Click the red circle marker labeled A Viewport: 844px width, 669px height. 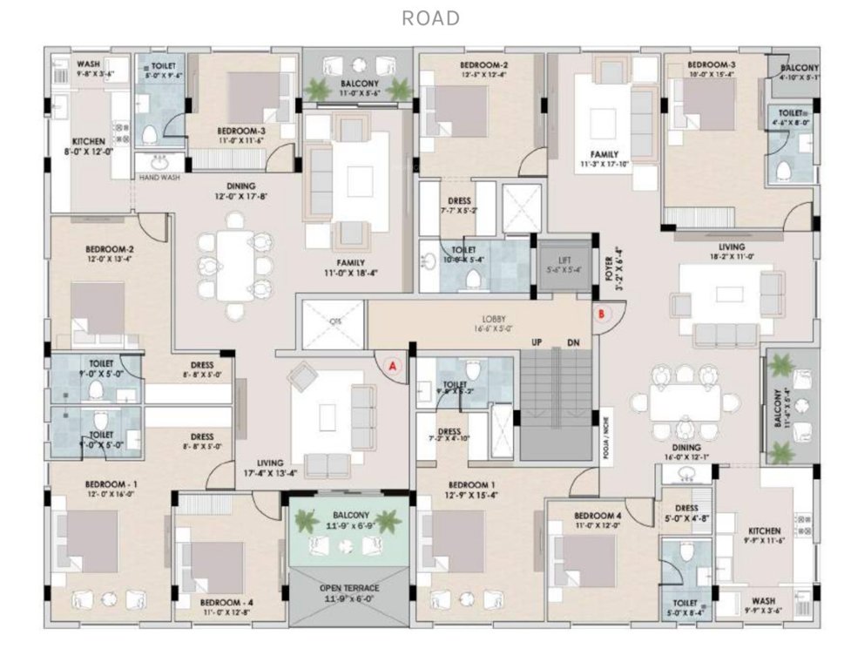(x=392, y=367)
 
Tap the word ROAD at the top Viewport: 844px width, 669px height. (x=431, y=18)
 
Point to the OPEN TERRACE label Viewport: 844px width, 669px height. (x=348, y=587)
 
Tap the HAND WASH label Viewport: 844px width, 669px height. (x=159, y=177)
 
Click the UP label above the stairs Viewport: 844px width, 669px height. (x=537, y=342)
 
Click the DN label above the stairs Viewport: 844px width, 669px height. (x=573, y=342)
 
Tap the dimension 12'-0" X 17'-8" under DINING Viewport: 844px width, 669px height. (x=240, y=197)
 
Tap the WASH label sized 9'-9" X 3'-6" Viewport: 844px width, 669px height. (x=764, y=600)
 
